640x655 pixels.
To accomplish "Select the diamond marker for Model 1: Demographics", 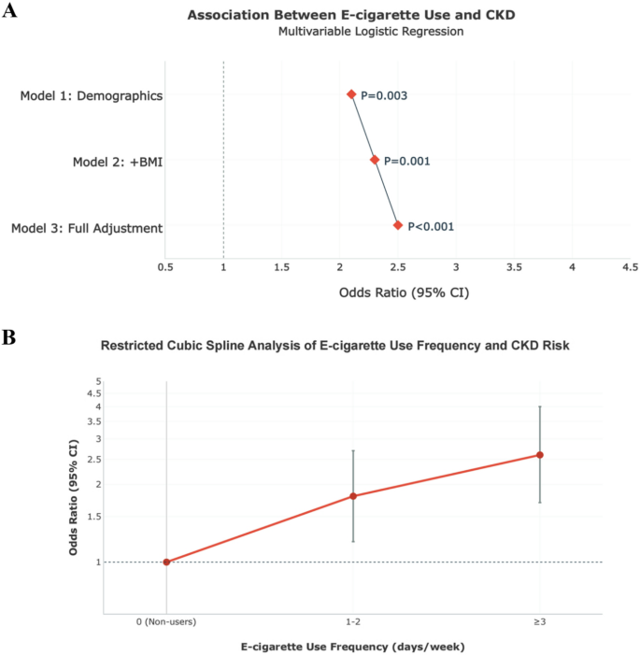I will point(351,94).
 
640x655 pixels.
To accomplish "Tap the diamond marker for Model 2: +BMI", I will point(375,160).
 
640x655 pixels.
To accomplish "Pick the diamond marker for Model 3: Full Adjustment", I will point(398,225).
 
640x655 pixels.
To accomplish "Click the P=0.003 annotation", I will point(384,95).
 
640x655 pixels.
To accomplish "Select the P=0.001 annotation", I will point(407,161).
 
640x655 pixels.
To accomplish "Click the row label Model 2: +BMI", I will point(118,162).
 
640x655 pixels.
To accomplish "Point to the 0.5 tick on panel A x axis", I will point(165,267).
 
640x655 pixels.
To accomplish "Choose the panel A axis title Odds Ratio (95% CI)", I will point(404,292).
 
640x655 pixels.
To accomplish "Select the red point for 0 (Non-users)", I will point(166,562).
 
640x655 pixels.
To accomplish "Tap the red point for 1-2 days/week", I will point(353,495).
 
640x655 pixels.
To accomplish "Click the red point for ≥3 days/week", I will point(540,455).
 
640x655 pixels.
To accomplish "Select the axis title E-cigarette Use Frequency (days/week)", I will point(353,647).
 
